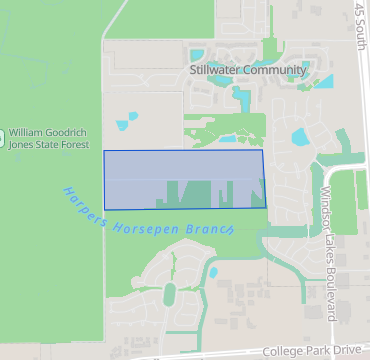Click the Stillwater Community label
(247, 70)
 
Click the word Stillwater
(216, 70)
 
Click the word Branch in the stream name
(212, 228)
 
